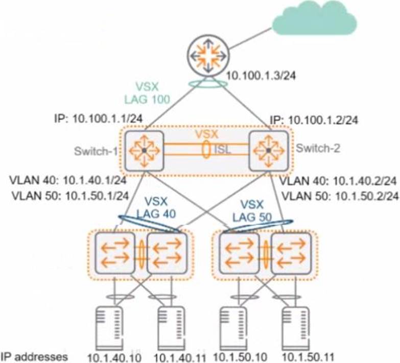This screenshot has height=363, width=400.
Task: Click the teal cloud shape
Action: point(314,18)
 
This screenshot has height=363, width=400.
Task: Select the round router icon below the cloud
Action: point(208,55)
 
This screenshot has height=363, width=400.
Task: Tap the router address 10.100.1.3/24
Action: point(261,76)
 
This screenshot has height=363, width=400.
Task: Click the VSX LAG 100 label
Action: point(147,93)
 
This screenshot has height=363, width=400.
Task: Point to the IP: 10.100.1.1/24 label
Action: point(99,119)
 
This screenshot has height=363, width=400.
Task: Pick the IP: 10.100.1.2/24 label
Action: point(314,120)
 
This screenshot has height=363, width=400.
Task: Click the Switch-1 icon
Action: point(144,151)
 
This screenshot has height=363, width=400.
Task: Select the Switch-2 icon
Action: point(268,151)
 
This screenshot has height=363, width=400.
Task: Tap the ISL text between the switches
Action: point(223,150)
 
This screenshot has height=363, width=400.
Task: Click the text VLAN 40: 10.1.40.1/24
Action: point(68,180)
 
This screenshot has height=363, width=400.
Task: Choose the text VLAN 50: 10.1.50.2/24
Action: point(340,196)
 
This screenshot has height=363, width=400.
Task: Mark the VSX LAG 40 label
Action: point(156,208)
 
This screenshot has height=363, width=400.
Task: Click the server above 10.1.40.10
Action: point(109,328)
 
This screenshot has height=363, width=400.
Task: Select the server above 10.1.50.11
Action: point(296,328)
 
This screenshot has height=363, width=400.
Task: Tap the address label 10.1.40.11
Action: point(180,357)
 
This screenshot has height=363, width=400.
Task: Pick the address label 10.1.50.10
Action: point(240,356)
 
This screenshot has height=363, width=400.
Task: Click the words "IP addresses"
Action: point(34,357)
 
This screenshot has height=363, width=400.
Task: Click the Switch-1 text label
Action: point(96,151)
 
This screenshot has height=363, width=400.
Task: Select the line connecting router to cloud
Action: point(250,38)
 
